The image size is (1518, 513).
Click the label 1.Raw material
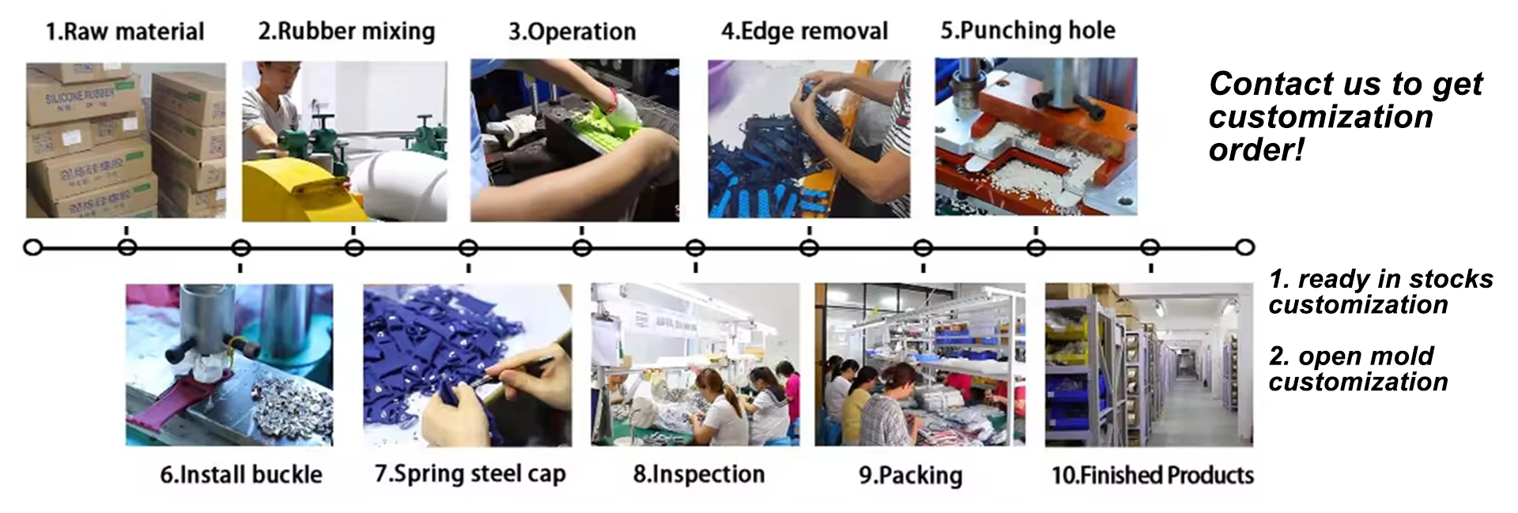coord(125,32)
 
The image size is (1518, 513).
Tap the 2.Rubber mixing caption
coord(346,32)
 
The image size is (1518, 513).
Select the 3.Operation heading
coord(572,32)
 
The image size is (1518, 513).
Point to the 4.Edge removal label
coord(804,32)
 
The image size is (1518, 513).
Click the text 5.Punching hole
coord(1027,31)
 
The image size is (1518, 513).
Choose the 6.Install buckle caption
coord(241,474)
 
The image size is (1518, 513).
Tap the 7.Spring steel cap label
coord(470,474)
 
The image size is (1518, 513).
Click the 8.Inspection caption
coord(699,474)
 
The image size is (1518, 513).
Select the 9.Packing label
coord(911,476)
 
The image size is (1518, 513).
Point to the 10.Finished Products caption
coord(1152,476)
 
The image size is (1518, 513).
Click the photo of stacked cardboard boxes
coord(126,141)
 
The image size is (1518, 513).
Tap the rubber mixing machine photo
coord(344,141)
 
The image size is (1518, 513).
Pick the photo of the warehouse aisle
coord(1149,364)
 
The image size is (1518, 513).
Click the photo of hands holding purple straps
coord(467,364)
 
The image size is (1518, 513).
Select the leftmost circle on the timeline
coord(32,248)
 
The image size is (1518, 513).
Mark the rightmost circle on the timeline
coord(1245,248)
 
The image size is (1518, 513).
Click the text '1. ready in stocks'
coord(1380,279)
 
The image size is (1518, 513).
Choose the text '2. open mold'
coord(1351,356)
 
